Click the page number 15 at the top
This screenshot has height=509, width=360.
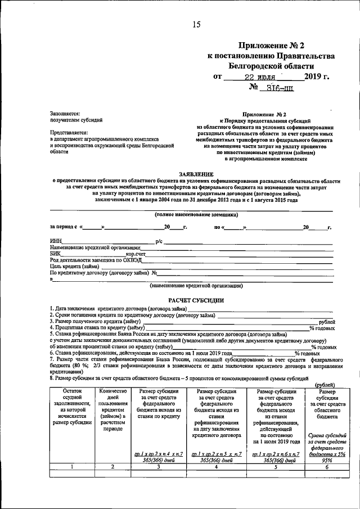[196, 24]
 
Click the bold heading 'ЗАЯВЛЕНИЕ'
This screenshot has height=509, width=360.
[196, 175]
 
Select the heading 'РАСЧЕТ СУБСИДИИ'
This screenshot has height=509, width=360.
[196, 300]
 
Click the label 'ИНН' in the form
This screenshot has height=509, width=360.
[56, 241]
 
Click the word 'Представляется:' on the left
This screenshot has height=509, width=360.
[69, 132]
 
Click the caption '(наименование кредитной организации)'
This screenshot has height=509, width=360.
[196, 286]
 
